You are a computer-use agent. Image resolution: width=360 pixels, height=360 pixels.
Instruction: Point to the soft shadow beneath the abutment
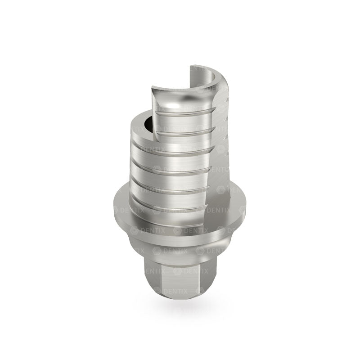pyautogui.click(x=180, y=306)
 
